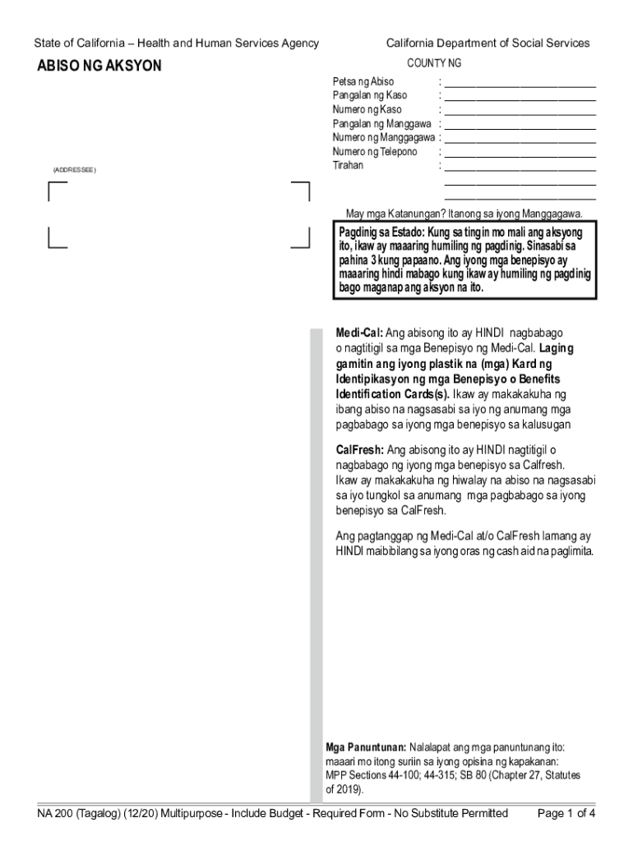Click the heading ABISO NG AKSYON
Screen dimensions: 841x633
(99, 66)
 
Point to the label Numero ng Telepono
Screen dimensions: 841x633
(374, 152)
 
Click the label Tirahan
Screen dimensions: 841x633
(348, 166)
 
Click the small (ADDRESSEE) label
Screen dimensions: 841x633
(75, 170)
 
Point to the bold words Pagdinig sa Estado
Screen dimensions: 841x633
(379, 233)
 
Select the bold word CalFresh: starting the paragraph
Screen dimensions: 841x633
(360, 450)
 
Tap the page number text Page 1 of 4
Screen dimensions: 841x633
(566, 814)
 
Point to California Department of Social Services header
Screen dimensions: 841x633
(487, 44)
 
